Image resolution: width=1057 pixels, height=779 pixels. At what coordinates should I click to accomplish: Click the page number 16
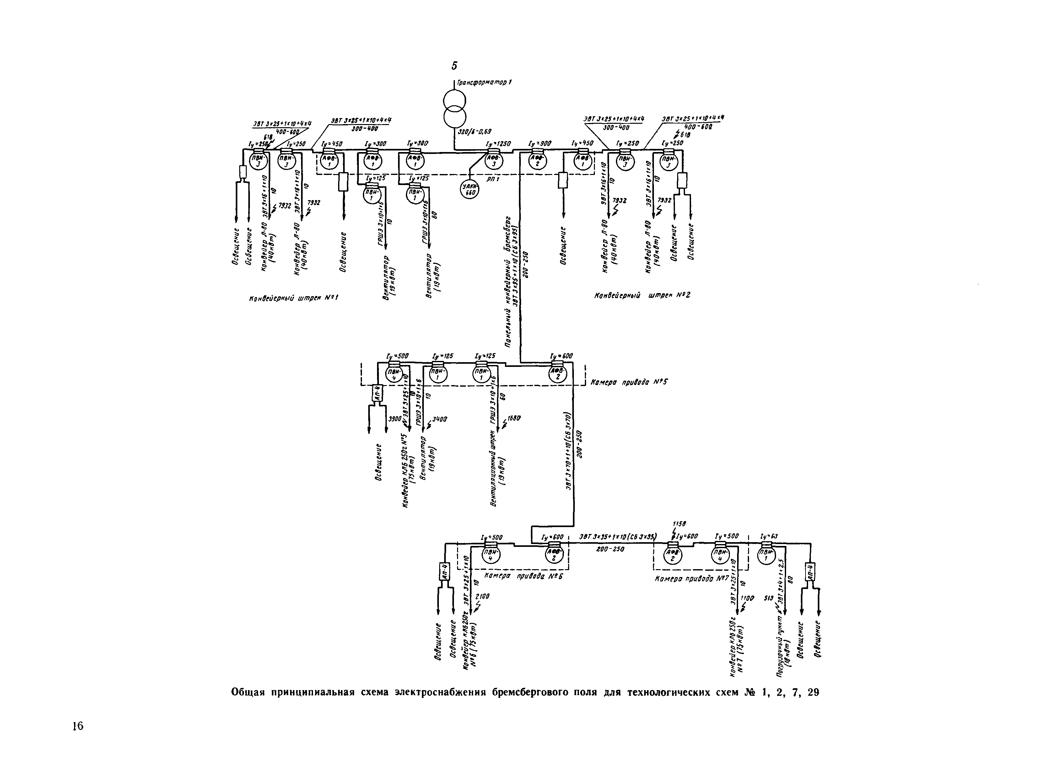point(78,726)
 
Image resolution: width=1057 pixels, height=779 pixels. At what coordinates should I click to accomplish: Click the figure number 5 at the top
point(454,66)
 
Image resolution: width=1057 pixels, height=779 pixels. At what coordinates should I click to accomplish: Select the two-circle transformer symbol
point(454,108)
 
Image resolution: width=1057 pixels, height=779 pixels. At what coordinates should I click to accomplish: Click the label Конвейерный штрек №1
point(294,298)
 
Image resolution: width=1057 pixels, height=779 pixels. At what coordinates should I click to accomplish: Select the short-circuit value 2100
point(482,596)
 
